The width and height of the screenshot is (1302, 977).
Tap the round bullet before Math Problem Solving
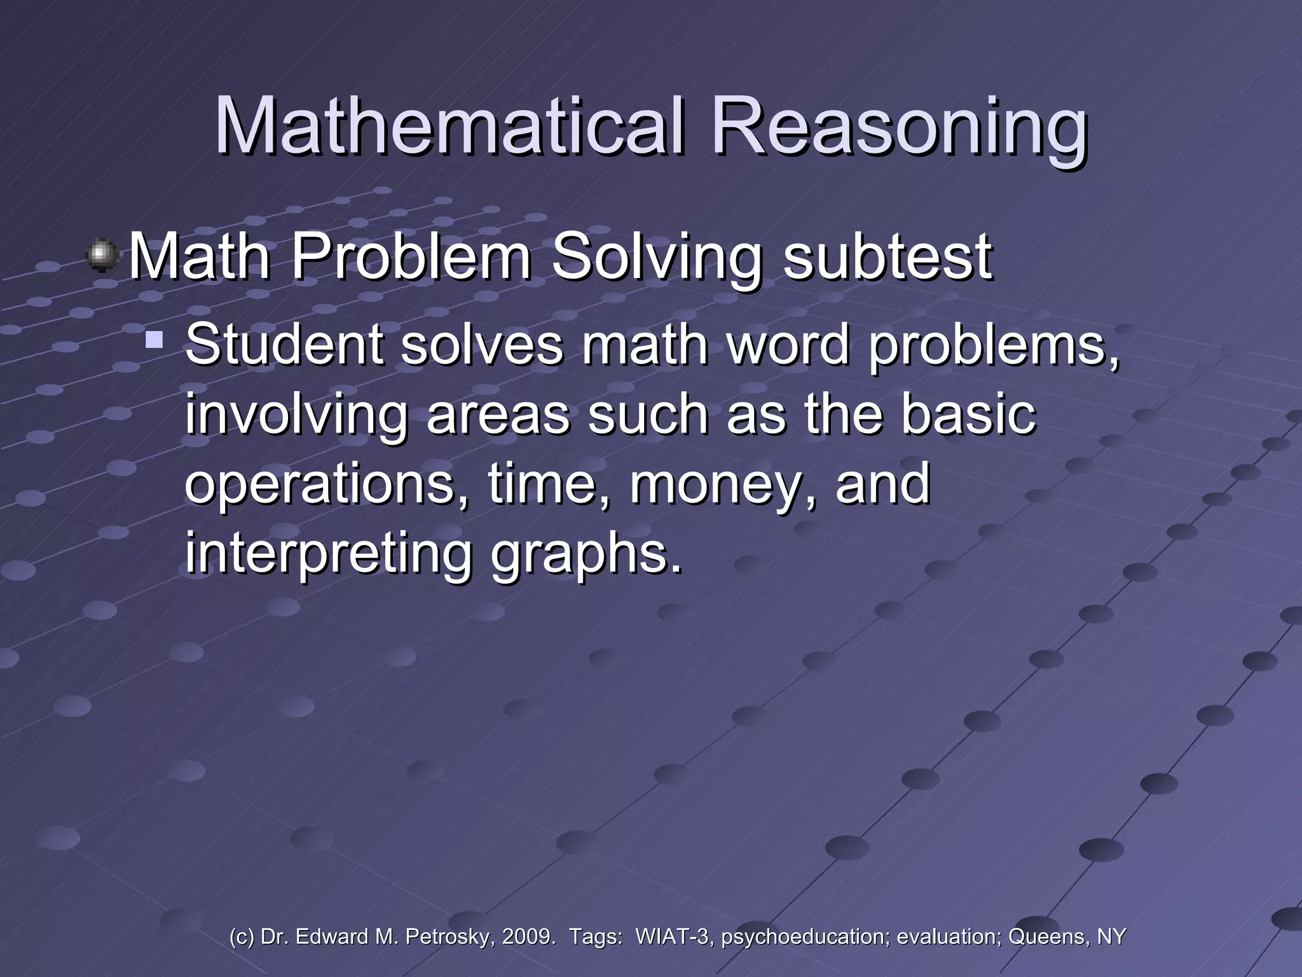(x=102, y=256)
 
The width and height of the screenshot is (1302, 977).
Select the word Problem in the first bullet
(x=411, y=256)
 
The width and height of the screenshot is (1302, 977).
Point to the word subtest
(x=887, y=256)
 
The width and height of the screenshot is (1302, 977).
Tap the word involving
(x=296, y=415)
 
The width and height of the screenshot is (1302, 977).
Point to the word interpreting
(x=328, y=553)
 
